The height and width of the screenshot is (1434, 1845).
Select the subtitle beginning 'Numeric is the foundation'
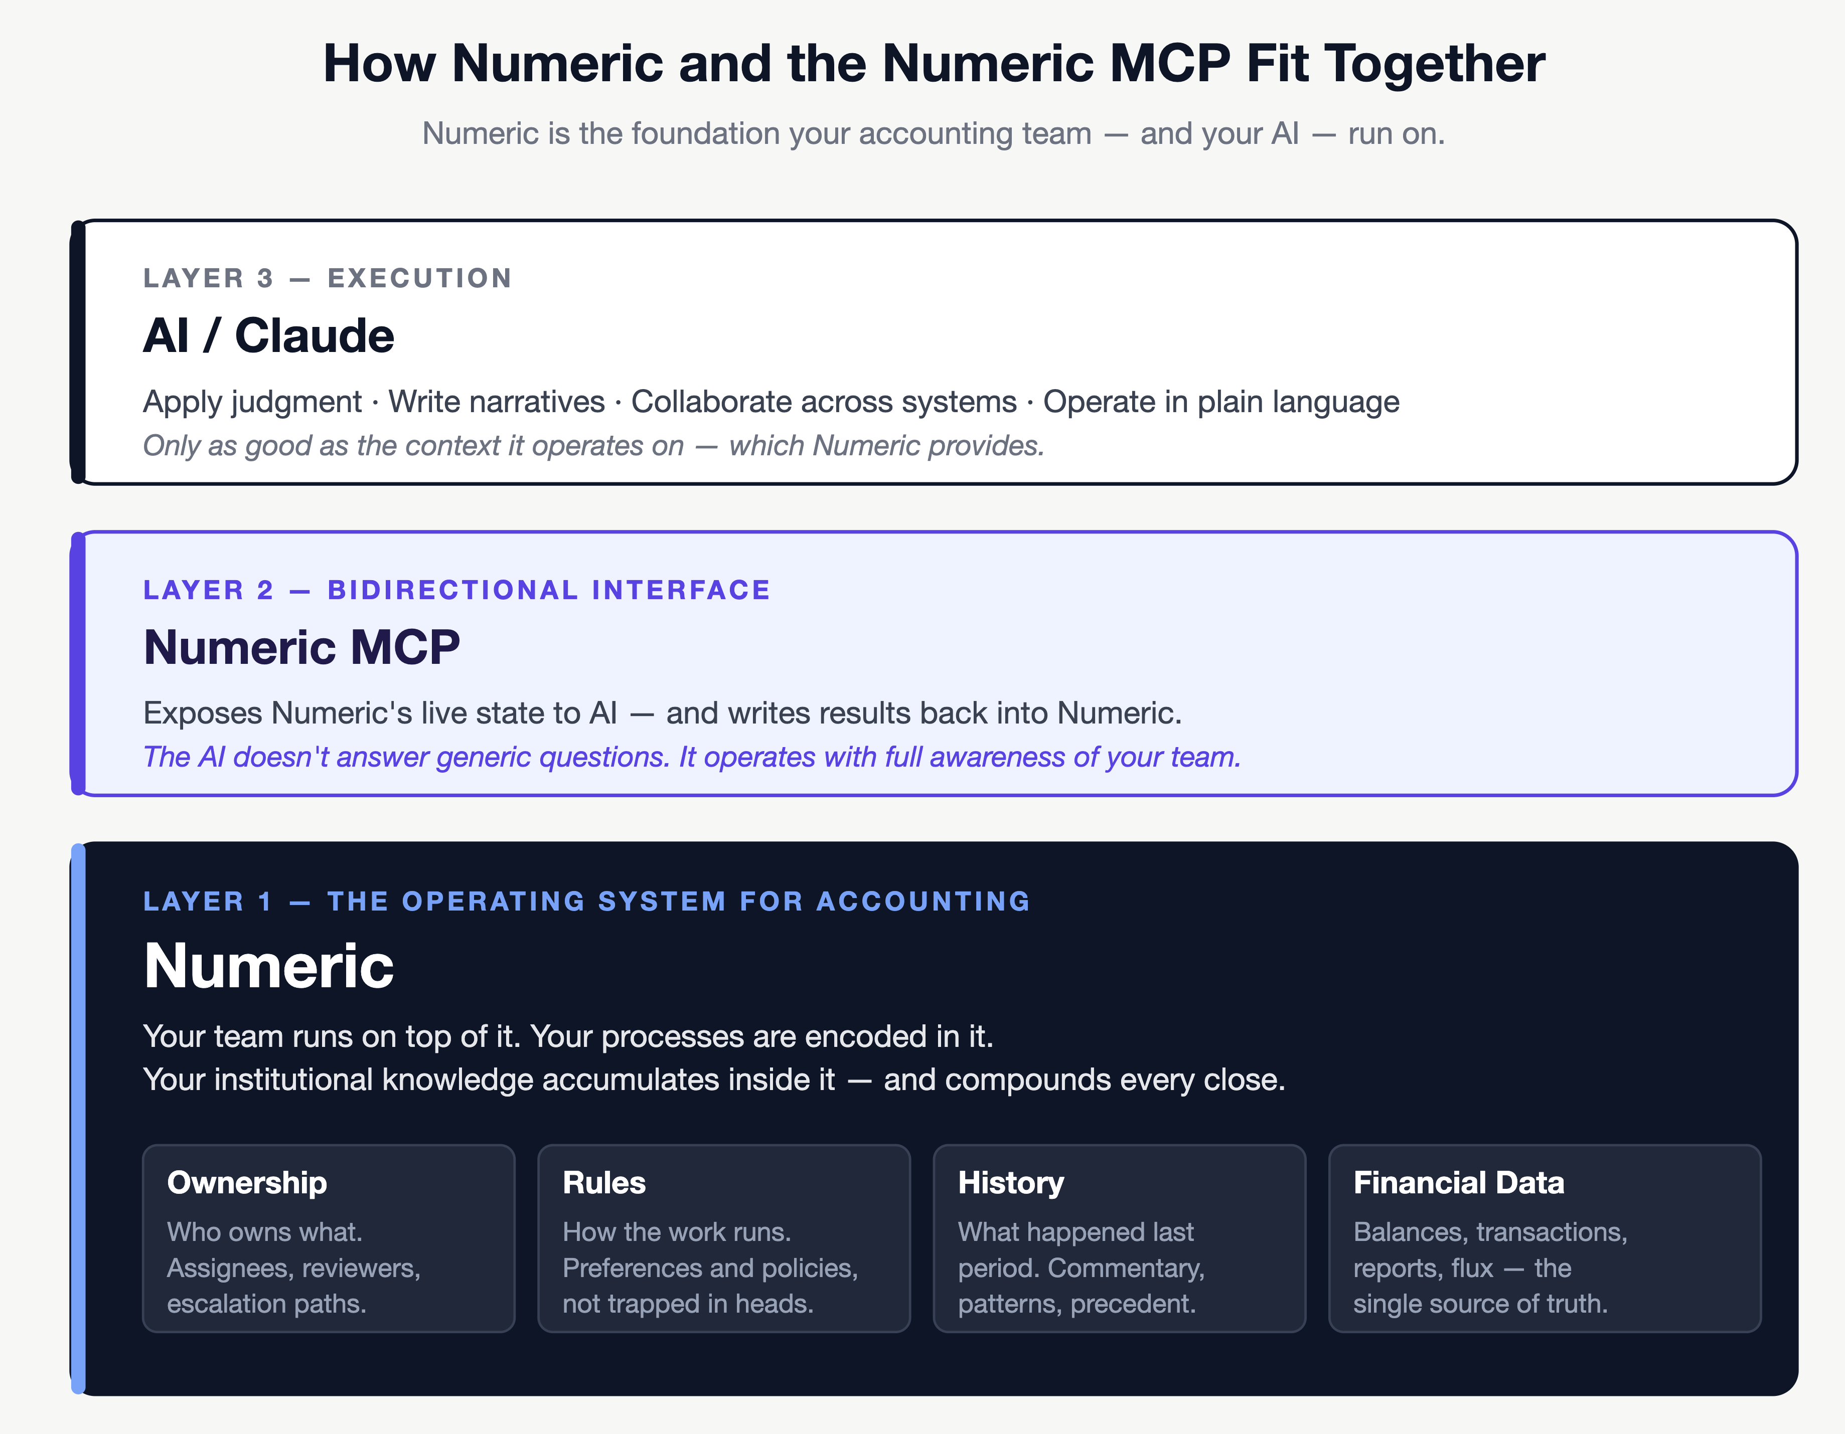click(934, 133)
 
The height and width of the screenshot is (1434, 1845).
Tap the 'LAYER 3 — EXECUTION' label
click(327, 278)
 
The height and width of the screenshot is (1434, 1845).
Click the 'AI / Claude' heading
click(269, 335)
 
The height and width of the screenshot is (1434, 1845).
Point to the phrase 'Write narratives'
click(496, 402)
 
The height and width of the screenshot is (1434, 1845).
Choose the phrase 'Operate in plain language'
click(1220, 402)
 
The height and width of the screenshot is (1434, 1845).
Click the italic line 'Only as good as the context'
click(593, 445)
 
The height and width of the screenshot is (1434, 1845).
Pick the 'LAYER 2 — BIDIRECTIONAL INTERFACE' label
click(456, 590)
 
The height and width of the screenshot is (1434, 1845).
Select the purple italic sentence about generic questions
click(691, 757)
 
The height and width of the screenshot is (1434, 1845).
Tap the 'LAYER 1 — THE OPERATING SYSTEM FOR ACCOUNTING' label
click(586, 901)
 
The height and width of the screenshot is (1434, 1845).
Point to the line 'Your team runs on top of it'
click(568, 1036)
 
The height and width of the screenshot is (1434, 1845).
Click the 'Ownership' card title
click(247, 1182)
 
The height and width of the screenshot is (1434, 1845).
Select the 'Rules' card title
click(604, 1182)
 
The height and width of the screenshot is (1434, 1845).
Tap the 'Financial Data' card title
click(1458, 1182)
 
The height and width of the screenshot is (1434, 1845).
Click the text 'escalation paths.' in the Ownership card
click(266, 1304)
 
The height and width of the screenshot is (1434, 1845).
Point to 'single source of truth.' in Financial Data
click(1480, 1304)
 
